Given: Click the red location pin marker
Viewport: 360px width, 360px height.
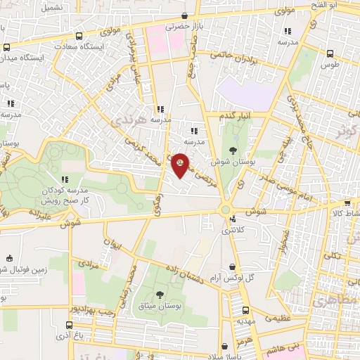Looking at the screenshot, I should coord(180,164).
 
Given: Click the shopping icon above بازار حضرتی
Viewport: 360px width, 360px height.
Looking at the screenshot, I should coord(184,15).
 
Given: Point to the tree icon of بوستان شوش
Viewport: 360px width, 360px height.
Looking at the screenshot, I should coord(232,150).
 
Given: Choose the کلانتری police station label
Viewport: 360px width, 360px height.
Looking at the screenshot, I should coord(233,230).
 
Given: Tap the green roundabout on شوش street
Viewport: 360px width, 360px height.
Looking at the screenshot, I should coord(226,209).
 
